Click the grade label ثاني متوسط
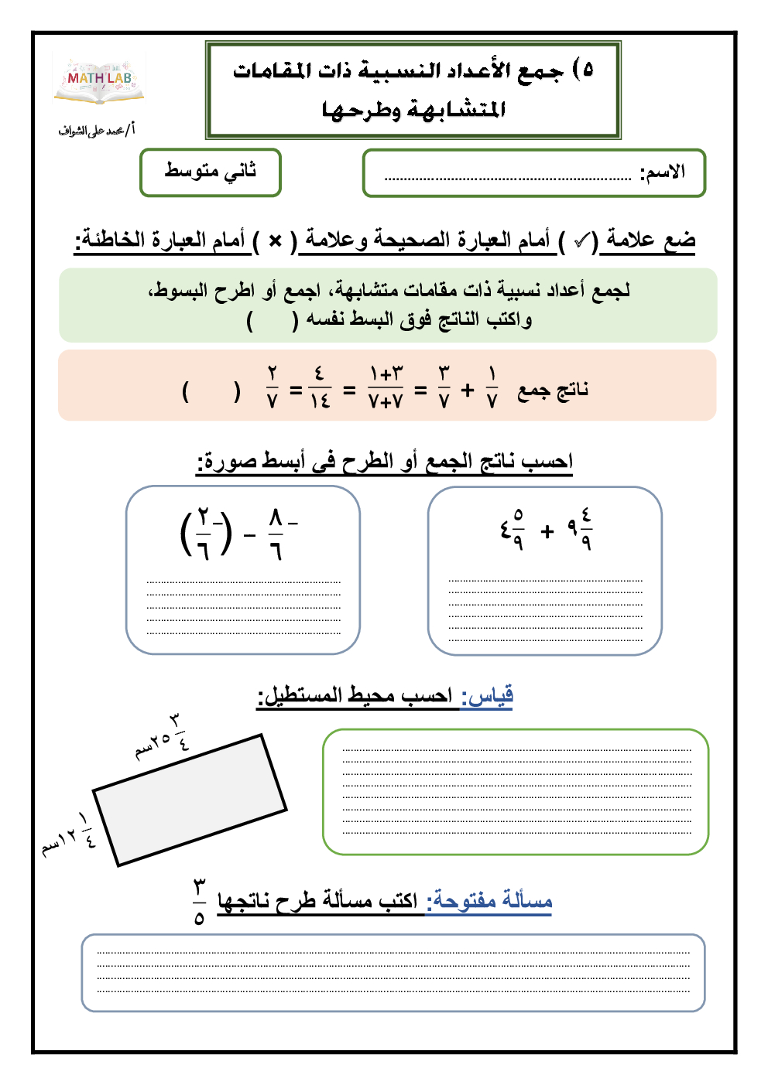click(x=210, y=171)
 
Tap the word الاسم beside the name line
click(x=663, y=172)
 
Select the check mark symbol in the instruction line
click(x=582, y=241)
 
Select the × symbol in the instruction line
click(x=275, y=241)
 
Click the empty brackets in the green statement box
click(x=272, y=320)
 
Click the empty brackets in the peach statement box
click(x=211, y=391)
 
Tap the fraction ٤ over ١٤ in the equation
click(x=320, y=388)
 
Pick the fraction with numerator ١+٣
click(x=386, y=388)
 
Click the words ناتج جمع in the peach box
click(x=553, y=390)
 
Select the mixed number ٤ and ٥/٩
click(x=512, y=531)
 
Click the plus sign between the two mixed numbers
click(x=547, y=531)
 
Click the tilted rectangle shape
click(x=190, y=800)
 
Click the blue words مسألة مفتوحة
click(x=492, y=901)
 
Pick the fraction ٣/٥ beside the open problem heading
click(x=200, y=902)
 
